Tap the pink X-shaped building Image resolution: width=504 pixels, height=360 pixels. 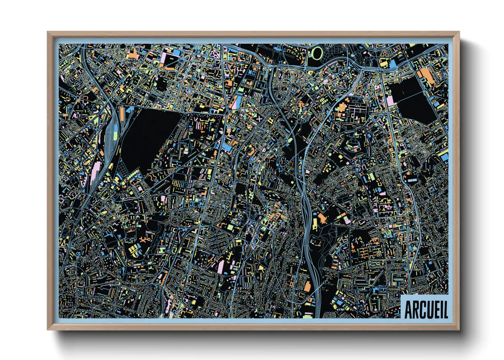259,119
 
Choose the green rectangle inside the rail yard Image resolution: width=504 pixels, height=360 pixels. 115,135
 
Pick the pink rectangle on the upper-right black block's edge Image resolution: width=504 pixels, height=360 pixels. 390,100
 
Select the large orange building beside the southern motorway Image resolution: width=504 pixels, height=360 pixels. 308,287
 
